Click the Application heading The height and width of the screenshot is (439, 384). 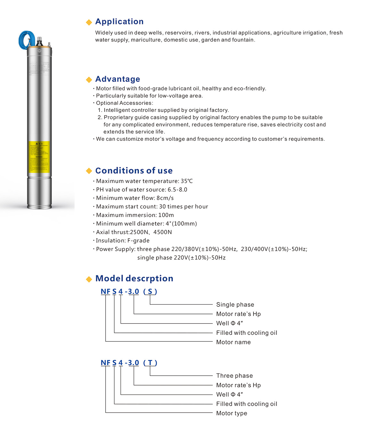point(119,21)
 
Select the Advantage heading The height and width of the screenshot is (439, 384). point(117,79)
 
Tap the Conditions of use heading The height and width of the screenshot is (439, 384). point(134,170)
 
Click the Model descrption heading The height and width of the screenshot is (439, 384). point(134,278)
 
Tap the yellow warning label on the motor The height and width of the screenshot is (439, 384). point(39,157)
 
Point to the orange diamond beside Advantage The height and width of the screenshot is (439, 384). point(89,80)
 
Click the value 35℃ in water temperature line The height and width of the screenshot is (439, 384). point(187,181)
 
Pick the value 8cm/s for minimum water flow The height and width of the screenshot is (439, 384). point(165,198)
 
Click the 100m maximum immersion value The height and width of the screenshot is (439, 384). point(166,215)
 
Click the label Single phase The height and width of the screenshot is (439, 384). point(235,304)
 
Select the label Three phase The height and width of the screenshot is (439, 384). point(234,376)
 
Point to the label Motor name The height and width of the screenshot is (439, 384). point(233,342)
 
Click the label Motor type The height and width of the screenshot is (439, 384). point(231,413)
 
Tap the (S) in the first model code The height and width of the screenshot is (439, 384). point(150,291)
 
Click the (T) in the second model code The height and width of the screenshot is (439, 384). point(150,363)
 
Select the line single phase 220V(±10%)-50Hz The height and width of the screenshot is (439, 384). point(181,258)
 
